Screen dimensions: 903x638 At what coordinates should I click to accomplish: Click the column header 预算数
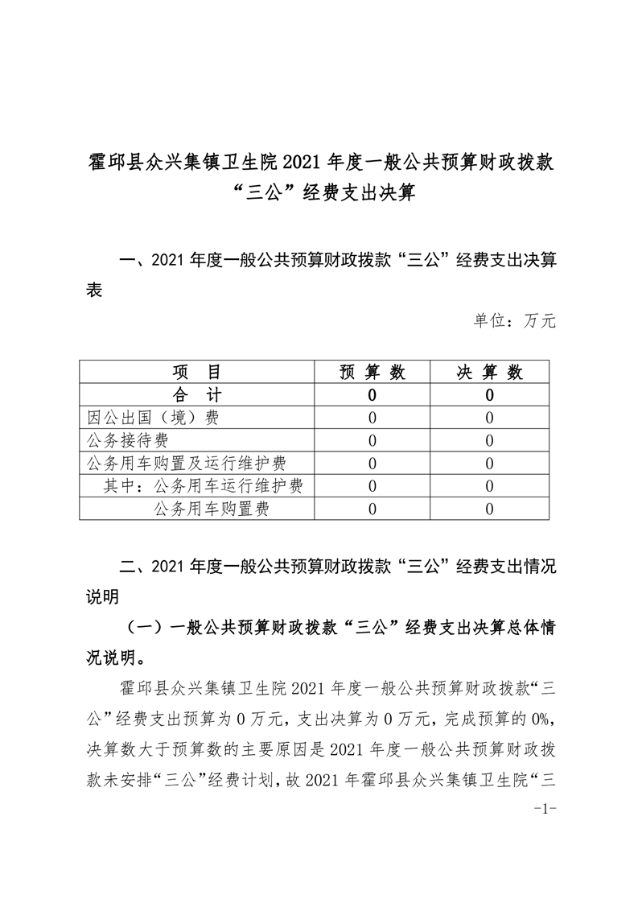tap(372, 372)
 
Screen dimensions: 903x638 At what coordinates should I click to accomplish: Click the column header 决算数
tap(490, 372)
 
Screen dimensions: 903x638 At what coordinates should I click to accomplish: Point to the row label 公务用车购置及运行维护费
tap(187, 463)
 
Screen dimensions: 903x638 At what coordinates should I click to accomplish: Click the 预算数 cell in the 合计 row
tap(372, 395)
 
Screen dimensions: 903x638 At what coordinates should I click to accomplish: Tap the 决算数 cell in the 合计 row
tap(490, 395)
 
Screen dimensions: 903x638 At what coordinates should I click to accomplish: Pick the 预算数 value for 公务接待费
tap(372, 440)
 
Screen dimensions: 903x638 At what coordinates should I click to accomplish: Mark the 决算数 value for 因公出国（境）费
tap(490, 418)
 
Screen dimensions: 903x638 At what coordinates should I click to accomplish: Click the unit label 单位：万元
tap(515, 321)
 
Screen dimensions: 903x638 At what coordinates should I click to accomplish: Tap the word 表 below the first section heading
tap(94, 291)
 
